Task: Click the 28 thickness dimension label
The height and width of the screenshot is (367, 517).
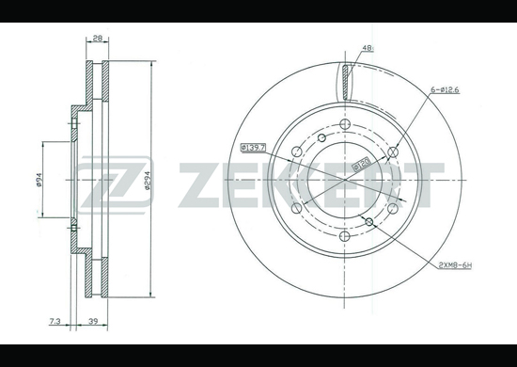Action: (x=97, y=39)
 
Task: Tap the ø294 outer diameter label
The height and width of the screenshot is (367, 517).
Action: (x=148, y=180)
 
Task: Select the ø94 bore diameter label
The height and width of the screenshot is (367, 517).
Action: (x=39, y=180)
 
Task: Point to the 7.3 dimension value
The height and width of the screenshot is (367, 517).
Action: (x=55, y=321)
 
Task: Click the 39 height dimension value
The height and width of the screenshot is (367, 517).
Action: (x=94, y=321)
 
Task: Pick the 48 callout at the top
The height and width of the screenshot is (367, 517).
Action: (x=368, y=48)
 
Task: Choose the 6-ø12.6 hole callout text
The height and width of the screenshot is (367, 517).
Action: (x=445, y=89)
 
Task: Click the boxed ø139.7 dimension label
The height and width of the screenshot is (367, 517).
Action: (x=253, y=147)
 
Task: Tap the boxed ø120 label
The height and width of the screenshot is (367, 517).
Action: (x=362, y=164)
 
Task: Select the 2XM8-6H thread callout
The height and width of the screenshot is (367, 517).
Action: (x=455, y=265)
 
